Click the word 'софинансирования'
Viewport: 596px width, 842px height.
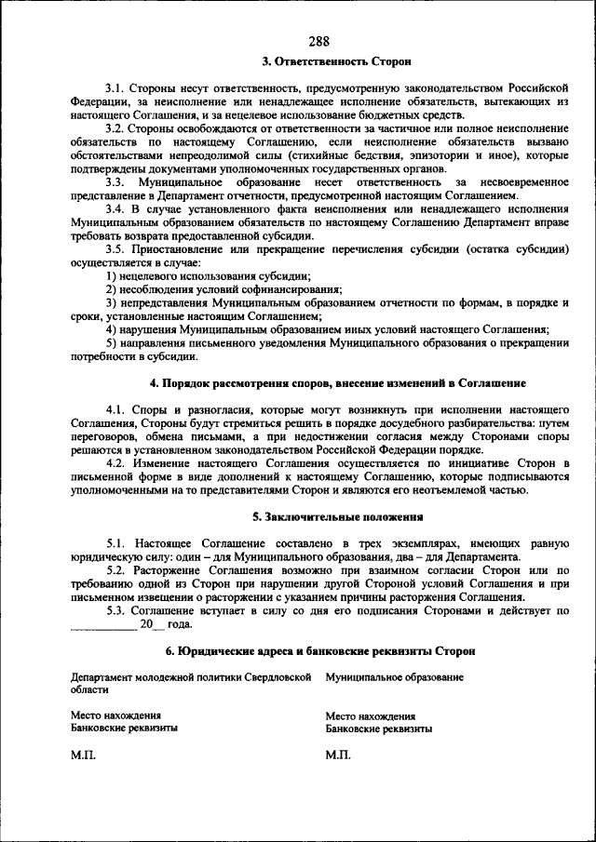pos(291,290)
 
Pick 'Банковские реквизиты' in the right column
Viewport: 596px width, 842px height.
pos(379,729)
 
